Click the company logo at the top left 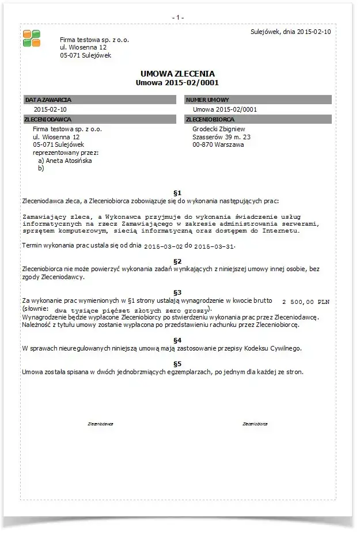point(32,38)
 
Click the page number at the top point(178,17)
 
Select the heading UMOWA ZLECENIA point(177,74)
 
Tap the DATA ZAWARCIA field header point(48,100)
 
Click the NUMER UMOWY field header point(207,100)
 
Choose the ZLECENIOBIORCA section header point(210,119)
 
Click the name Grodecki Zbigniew point(219,130)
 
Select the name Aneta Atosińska point(69,161)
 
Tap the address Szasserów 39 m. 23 point(221,138)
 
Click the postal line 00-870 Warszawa point(218,145)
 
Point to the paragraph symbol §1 point(177,192)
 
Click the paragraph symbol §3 point(177,292)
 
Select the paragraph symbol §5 point(177,364)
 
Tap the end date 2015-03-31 point(214,246)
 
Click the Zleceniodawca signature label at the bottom point(100,424)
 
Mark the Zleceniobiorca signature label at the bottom point(255,424)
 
